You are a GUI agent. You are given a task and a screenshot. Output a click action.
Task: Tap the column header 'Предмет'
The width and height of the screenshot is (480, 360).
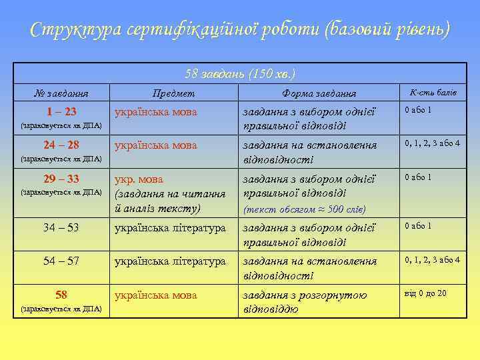coord(173,94)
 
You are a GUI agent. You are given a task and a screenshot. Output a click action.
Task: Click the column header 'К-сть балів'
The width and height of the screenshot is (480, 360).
coord(433,93)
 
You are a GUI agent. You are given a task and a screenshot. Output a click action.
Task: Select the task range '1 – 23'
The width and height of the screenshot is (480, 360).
coord(60,111)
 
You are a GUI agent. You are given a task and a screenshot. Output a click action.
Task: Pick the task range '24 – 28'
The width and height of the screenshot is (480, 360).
coord(61,145)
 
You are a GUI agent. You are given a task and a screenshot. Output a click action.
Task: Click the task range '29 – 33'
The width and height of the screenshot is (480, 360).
coord(61,178)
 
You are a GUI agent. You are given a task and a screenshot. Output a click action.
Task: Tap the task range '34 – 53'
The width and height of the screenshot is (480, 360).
coord(61,227)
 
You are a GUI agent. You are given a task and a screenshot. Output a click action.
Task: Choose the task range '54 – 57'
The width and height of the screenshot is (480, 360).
coord(61,261)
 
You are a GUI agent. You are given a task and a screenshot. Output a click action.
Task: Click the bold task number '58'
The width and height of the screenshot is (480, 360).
coord(61,294)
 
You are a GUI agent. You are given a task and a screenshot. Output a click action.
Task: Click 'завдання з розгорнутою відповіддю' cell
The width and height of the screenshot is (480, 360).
coord(305,302)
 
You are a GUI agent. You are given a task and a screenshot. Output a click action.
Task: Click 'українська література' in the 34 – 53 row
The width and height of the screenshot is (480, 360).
coord(170,228)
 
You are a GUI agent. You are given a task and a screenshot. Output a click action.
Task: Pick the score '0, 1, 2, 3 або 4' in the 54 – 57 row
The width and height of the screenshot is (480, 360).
coord(433,260)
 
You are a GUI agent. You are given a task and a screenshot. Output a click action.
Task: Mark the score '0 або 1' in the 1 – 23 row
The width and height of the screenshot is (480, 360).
coord(419,110)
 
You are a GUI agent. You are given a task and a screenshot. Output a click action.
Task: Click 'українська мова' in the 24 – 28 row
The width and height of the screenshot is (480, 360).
coord(156,145)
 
